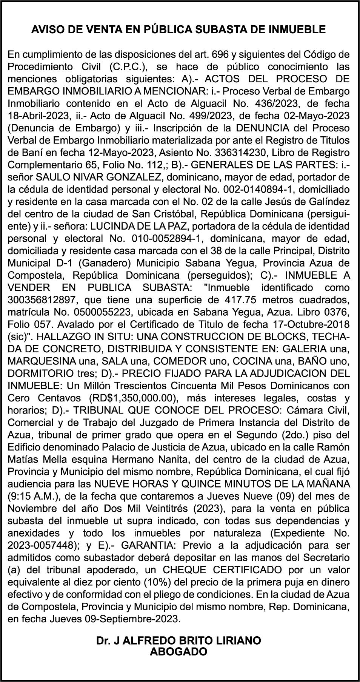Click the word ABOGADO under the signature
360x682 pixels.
coord(178,652)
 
